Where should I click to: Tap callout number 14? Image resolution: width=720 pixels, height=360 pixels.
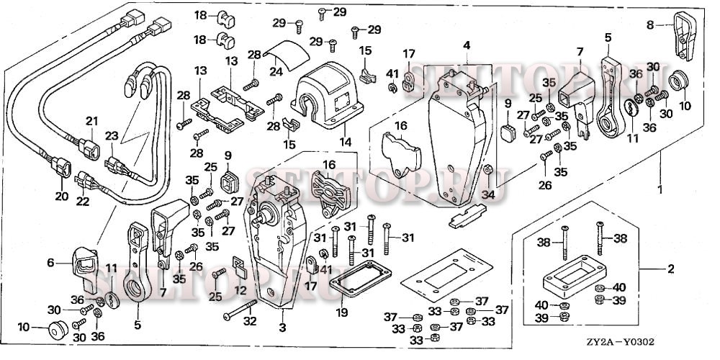(x=346, y=142)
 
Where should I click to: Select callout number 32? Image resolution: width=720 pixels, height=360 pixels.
(x=251, y=323)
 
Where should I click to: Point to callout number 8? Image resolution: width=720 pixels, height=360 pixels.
(x=650, y=24)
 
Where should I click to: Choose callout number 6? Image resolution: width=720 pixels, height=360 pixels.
(x=51, y=264)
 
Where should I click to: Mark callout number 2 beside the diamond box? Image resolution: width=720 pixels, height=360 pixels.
(x=670, y=270)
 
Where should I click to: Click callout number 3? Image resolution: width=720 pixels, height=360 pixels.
(x=282, y=328)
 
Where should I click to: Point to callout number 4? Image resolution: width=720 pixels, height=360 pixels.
(x=467, y=45)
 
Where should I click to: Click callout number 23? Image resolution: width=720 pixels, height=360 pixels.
(x=111, y=135)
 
